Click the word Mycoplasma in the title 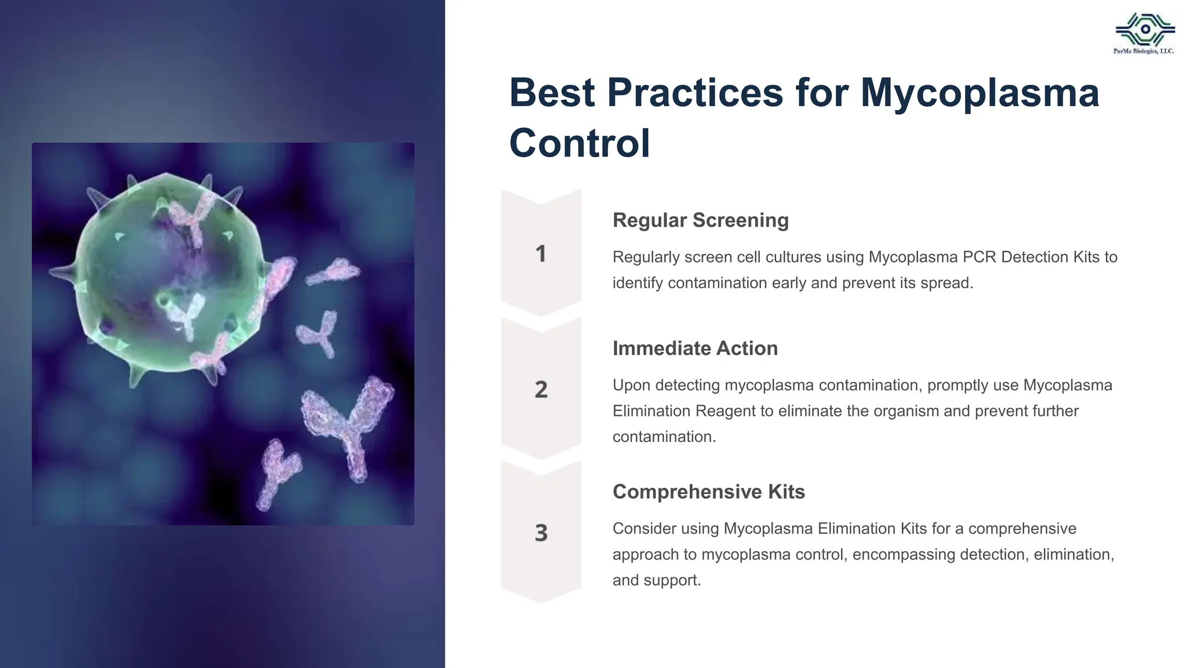pos(980,93)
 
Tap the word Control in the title pos(580,143)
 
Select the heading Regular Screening pos(700,220)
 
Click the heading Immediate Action pos(695,348)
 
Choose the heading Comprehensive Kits pos(708,492)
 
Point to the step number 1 pos(541,254)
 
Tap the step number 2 pos(541,390)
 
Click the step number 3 pos(541,533)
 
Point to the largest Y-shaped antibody pos(347,426)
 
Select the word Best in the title pos(551,93)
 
